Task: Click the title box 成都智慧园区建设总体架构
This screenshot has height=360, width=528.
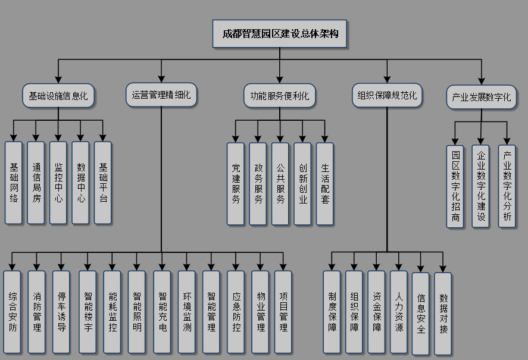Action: [x=280, y=33]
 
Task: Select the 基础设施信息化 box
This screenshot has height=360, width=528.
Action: [x=58, y=95]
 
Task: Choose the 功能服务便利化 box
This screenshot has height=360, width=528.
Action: [x=279, y=96]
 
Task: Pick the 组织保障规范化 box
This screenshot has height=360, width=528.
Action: [x=387, y=95]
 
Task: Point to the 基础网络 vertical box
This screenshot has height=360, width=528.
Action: [x=13, y=182]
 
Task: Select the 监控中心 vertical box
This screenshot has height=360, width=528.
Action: [x=58, y=182]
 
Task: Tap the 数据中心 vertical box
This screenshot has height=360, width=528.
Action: [x=80, y=182]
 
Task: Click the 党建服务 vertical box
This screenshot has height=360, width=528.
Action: [x=236, y=184]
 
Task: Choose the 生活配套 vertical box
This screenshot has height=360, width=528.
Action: [x=325, y=184]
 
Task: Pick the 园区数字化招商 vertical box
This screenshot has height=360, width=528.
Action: [x=455, y=186]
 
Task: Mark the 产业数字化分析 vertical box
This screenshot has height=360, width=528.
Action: [x=507, y=186]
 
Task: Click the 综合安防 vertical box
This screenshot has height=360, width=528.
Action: [x=12, y=311]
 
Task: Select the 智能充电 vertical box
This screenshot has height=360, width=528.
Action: [x=162, y=311]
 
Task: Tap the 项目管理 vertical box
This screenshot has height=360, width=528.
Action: [x=283, y=311]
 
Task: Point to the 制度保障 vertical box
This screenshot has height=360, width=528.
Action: [x=332, y=311]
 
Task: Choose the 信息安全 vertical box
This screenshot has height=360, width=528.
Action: [x=420, y=313]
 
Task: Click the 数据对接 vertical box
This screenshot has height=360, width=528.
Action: [x=443, y=313]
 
